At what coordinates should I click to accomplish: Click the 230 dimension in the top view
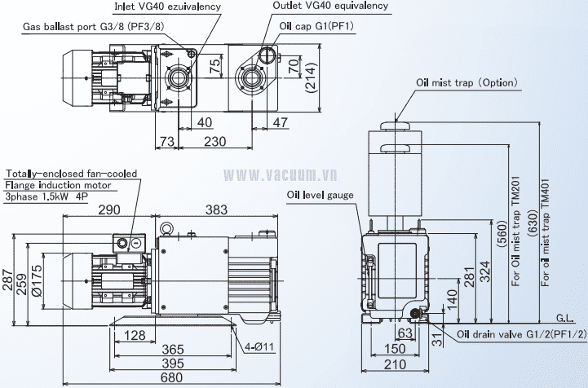coord(215,141)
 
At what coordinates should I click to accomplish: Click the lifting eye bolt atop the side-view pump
coord(166,229)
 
